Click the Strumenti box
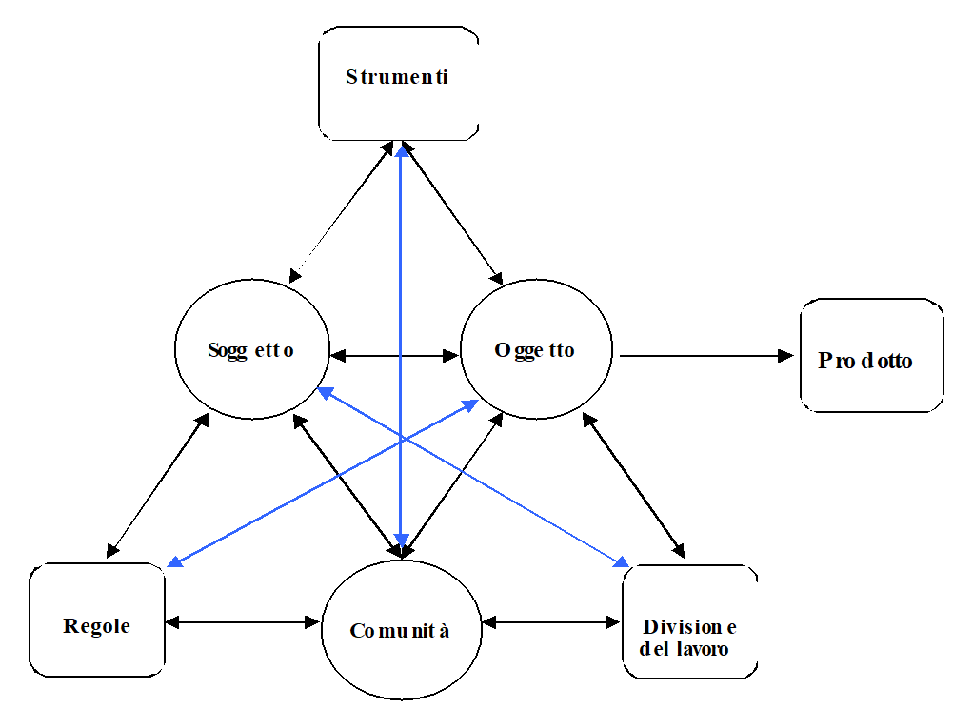[398, 84]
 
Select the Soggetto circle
[251, 349]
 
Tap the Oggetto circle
[536, 349]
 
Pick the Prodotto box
[871, 355]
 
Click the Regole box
[97, 620]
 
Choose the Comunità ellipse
[400, 629]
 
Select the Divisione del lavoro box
[690, 621]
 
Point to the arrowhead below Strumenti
[402, 150]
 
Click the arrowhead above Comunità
[402, 541]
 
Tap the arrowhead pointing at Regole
[174, 561]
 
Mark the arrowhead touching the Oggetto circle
[470, 405]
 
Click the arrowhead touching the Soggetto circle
[324, 391]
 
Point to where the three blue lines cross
[402, 439]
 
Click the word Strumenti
[397, 77]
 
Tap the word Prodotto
[865, 362]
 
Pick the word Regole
[96, 626]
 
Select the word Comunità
[400, 631]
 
